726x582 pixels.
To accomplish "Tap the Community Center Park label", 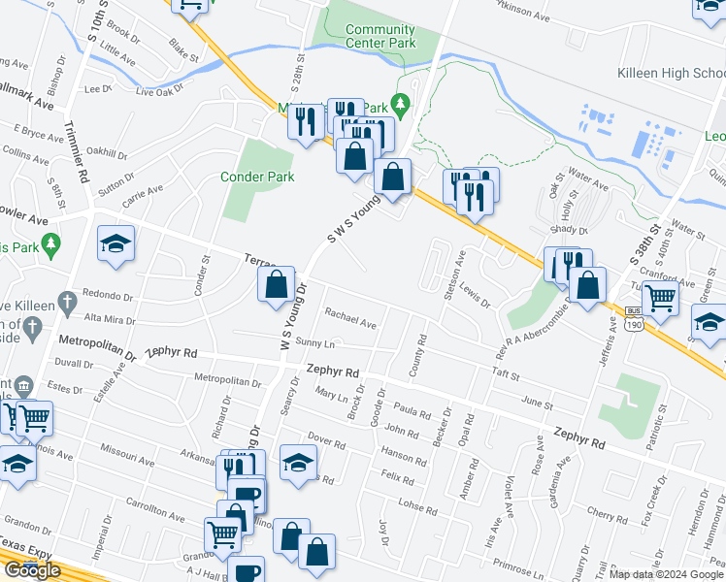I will pyautogui.click(x=379, y=37).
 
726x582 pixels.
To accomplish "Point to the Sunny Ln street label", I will pyautogui.click(x=314, y=344).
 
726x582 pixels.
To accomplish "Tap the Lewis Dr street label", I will pyautogui.click(x=477, y=294).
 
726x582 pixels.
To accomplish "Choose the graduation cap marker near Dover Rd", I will pyautogui.click(x=298, y=461).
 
